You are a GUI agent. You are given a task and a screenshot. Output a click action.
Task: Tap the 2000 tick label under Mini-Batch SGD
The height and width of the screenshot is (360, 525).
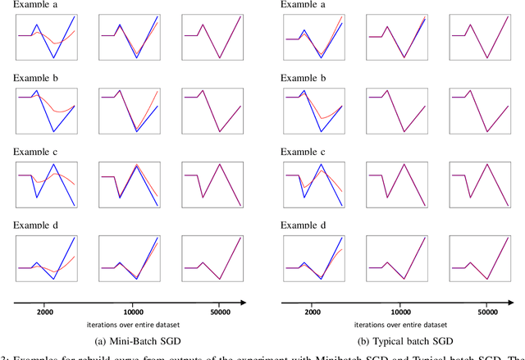tap(46, 312)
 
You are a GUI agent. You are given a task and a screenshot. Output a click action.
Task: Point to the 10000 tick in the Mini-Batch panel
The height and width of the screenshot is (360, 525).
tap(131, 312)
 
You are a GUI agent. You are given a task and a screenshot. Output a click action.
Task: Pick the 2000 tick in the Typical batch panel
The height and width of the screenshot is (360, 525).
tap(313, 312)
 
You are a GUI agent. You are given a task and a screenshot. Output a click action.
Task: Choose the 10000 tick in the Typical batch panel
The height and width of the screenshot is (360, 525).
tap(401, 312)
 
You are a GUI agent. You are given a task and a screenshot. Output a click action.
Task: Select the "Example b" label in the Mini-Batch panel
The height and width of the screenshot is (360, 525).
tap(35, 78)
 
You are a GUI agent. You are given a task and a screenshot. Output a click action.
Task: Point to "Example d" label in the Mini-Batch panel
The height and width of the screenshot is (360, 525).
tap(35, 225)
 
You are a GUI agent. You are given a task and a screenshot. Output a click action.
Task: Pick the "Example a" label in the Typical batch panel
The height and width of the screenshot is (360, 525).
tap(303, 4)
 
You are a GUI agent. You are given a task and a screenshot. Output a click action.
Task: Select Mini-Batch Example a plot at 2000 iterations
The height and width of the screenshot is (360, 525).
tap(46, 37)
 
